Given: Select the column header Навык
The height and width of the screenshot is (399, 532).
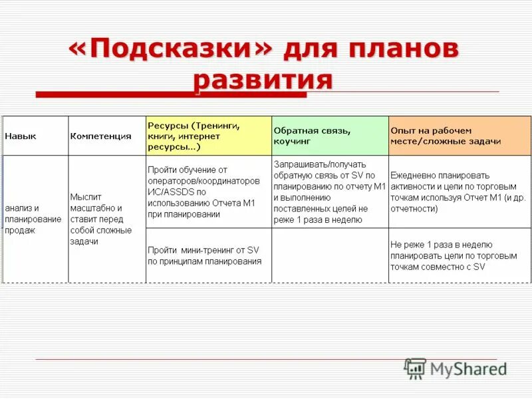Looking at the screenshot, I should point(21,136).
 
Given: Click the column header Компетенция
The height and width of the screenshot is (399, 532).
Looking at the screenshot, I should point(100,136).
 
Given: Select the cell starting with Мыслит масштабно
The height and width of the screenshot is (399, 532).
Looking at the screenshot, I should point(101,219).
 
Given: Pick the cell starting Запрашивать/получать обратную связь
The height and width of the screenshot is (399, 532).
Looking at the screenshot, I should point(329,192).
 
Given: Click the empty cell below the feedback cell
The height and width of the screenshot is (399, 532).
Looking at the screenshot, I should point(330,255).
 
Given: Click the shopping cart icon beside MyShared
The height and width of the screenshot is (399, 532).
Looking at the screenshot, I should point(415,368).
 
